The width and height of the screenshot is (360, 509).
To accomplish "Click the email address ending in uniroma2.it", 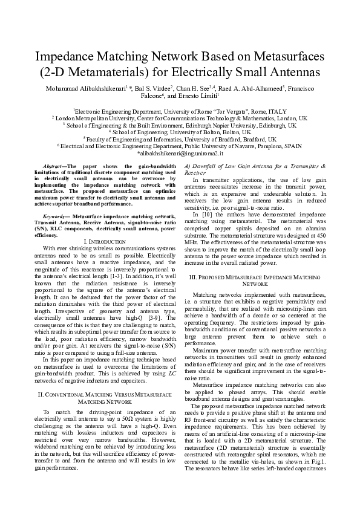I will [x=179, y=156].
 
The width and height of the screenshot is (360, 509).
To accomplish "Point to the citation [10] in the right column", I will [x=205, y=214].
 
